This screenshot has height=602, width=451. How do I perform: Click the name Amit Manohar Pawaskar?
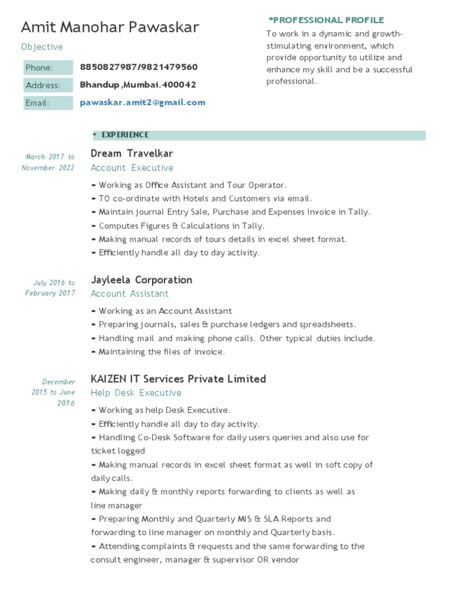[110, 27]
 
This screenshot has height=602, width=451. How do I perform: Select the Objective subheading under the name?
[42, 47]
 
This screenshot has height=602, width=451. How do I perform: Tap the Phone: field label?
[39, 68]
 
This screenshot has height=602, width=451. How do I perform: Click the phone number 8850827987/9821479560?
[139, 67]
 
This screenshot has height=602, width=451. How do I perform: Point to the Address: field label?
[43, 85]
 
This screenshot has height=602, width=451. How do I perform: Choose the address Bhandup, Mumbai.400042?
[138, 85]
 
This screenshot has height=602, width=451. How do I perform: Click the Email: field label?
[38, 103]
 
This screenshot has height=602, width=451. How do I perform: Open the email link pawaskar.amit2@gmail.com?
[143, 102]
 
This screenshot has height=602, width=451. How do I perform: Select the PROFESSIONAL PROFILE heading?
[327, 20]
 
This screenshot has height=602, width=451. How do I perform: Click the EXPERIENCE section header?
[124, 135]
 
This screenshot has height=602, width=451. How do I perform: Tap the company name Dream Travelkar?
[132, 153]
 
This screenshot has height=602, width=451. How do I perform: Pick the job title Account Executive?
[132, 168]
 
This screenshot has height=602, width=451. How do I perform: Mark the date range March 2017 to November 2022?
[49, 162]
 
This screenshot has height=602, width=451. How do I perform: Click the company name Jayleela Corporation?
[141, 280]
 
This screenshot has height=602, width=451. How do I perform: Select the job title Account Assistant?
[129, 294]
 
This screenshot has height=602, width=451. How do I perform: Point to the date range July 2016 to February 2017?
[51, 288]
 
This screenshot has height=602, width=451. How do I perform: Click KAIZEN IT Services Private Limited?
[178, 379]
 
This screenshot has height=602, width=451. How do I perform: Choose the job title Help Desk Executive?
[136, 393]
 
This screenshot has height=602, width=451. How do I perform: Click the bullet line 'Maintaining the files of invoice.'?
[158, 352]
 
